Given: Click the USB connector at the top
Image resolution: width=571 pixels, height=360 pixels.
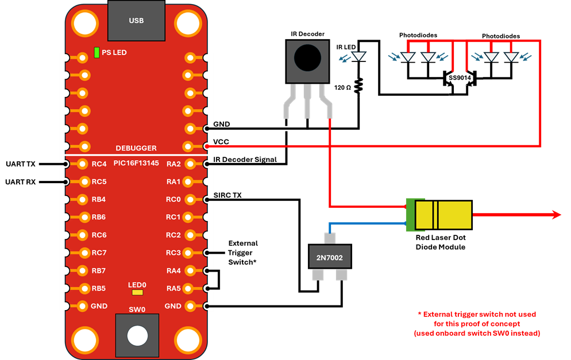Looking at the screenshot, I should pos(136,20).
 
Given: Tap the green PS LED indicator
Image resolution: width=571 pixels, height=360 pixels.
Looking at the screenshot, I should pos(97,53).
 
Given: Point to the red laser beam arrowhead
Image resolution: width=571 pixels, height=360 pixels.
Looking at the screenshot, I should pos(556,215).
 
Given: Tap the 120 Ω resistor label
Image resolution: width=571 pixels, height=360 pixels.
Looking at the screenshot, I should pos(343,87).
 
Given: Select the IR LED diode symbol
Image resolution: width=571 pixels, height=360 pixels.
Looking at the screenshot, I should pos(359,57).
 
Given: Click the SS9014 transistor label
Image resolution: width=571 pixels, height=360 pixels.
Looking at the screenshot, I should pos(460,77).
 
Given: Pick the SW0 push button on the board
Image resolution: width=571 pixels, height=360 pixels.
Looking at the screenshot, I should pos(136,335).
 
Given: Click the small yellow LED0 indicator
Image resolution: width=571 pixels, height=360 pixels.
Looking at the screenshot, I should pos(137,292).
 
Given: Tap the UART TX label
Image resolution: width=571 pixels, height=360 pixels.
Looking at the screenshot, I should pos(20,164).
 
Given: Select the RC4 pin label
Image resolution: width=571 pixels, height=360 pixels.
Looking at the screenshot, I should pos(99,164).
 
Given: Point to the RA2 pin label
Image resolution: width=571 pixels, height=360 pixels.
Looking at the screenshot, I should pos(173,164).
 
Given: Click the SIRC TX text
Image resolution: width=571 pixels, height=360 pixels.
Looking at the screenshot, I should pos(227,196).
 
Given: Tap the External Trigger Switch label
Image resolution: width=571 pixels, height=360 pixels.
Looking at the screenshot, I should pos(243,253).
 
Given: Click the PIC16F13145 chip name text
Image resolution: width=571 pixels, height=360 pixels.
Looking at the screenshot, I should pos(136,164).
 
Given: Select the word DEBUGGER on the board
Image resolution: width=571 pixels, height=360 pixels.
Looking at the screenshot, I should pos(136,148).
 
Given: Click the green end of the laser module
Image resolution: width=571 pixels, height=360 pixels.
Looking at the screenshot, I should pos(410,215).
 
